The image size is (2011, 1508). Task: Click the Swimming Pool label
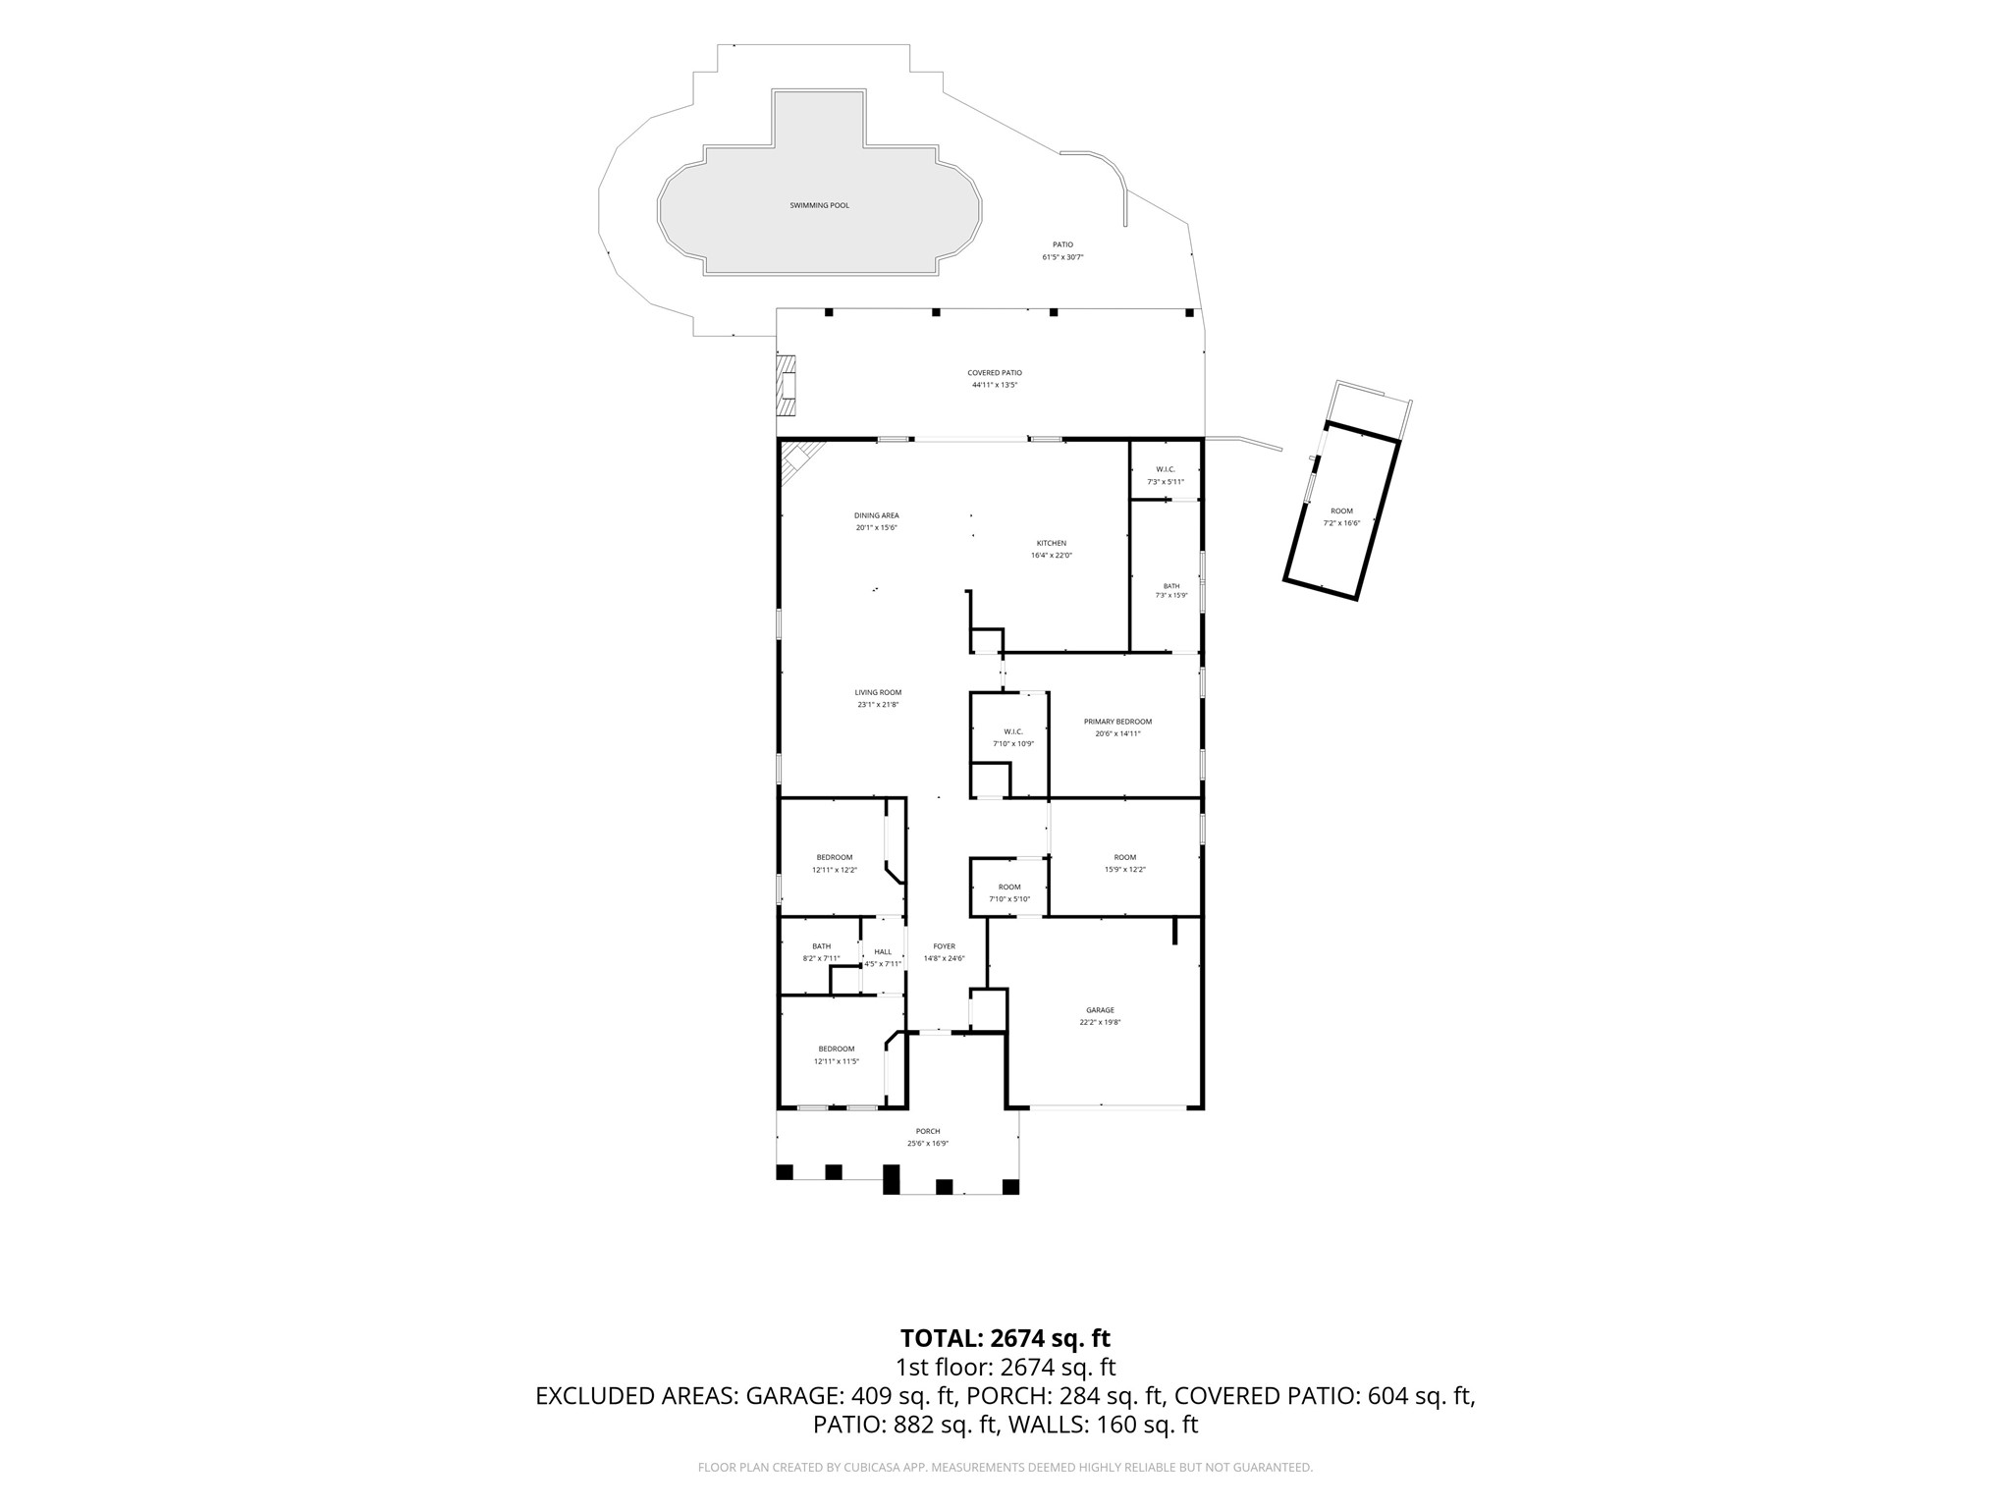pos(819,205)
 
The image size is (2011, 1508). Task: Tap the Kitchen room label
pos(1051,543)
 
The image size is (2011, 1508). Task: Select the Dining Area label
pos(876,515)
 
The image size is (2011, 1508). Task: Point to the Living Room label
pos(877,692)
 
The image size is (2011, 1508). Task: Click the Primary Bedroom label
pos(1117,722)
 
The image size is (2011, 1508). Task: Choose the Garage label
pos(1100,1010)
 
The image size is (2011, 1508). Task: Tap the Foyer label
pos(944,946)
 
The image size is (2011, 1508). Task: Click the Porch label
pos(927,1131)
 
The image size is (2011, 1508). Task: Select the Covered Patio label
pos(995,373)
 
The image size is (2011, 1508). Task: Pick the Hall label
pos(883,951)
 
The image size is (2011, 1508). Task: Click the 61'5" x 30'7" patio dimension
pos(1062,257)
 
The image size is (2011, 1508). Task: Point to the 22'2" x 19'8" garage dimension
pos(1100,1022)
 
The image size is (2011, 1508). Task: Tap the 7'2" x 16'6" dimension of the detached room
pos(1341,523)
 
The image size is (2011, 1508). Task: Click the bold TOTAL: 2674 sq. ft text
pos(1005,1338)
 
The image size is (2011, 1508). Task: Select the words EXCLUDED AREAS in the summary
pos(636,1396)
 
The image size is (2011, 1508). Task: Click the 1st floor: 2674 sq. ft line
pos(1005,1368)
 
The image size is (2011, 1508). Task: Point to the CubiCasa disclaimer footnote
pos(1005,1468)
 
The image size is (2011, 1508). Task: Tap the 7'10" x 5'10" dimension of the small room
pos(1009,899)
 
